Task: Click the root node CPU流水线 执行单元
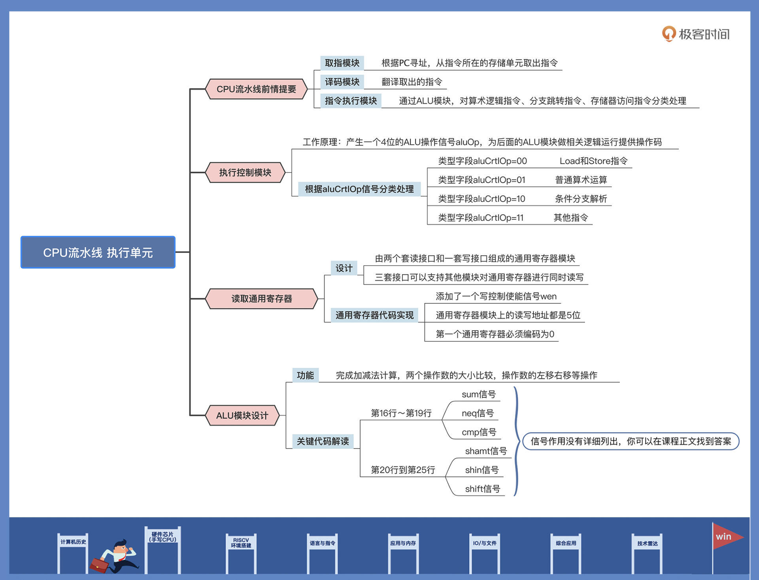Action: (98, 252)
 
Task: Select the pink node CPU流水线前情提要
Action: (256, 89)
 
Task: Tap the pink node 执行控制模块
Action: (245, 172)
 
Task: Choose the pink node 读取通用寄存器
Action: (261, 299)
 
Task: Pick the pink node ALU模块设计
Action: (242, 415)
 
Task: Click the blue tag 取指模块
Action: (342, 63)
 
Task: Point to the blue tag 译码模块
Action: (342, 82)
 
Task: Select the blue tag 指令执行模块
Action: (351, 101)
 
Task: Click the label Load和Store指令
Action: (593, 161)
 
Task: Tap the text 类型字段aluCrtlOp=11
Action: (481, 218)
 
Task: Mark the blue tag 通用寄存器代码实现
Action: (374, 315)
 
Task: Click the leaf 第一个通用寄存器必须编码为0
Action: (495, 334)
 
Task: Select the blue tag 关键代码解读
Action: (323, 441)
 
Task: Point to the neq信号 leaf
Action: (478, 413)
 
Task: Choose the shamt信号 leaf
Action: (486, 451)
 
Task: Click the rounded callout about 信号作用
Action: (631, 442)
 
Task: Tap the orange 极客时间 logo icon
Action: (668, 34)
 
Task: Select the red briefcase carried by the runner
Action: (99, 565)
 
